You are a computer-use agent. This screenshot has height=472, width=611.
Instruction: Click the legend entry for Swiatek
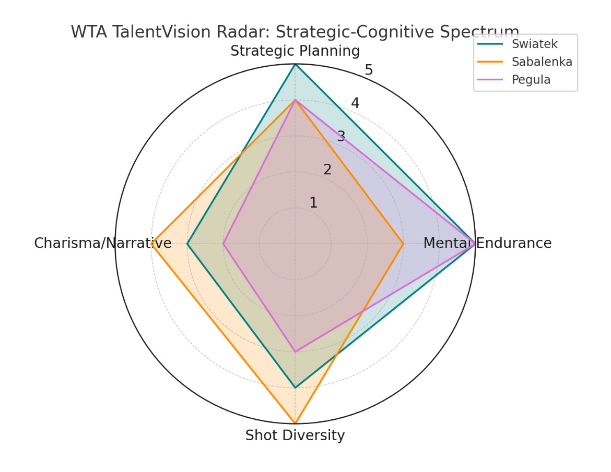tap(534, 44)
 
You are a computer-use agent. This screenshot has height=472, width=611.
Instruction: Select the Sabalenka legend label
tap(542, 62)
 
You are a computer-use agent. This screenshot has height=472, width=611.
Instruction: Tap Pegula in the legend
tap(531, 80)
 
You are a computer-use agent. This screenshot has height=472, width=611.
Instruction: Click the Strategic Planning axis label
tap(295, 51)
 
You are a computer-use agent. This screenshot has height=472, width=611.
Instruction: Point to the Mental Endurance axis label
tap(487, 243)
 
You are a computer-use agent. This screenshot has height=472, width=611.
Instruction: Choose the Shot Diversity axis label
tap(295, 435)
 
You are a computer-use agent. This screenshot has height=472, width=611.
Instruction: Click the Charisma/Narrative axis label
tap(103, 243)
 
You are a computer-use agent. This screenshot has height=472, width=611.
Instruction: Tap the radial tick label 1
tap(313, 203)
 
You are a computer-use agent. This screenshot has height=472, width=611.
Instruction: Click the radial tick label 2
tap(327, 170)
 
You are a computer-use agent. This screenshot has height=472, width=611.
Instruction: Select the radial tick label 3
tap(341, 137)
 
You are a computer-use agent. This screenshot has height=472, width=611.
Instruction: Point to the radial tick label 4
tap(355, 103)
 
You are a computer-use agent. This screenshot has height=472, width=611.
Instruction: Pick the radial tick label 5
tap(369, 70)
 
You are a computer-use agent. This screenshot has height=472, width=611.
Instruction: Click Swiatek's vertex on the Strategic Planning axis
tap(295, 64)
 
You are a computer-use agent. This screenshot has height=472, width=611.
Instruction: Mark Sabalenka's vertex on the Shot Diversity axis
tap(295, 423)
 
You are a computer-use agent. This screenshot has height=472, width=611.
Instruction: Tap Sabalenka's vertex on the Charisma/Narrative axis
tap(151, 244)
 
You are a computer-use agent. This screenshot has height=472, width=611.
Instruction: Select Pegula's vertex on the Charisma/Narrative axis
tap(224, 244)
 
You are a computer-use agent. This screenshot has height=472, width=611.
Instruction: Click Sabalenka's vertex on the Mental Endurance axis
tap(403, 244)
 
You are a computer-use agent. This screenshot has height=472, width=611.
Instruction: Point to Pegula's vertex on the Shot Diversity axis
tap(295, 352)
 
